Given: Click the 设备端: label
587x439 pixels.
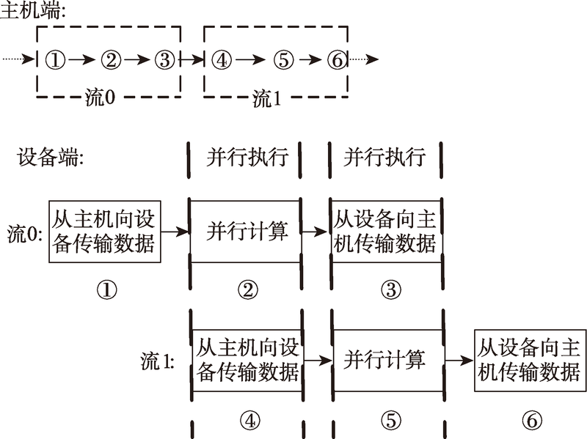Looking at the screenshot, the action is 50,157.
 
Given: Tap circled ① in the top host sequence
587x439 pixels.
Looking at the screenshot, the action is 56,60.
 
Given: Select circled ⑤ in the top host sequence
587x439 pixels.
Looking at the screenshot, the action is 283,60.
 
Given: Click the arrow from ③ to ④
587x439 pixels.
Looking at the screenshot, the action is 192,59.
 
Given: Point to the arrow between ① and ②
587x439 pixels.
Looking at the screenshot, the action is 82,59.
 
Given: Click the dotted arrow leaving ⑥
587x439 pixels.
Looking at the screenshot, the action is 363,59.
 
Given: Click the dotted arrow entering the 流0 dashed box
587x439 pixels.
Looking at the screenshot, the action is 18,59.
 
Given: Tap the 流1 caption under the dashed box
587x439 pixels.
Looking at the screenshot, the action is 266,98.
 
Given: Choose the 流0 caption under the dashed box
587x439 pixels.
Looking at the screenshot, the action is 100,97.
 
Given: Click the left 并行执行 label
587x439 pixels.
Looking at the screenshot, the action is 247,157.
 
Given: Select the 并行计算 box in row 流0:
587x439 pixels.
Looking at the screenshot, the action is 246,232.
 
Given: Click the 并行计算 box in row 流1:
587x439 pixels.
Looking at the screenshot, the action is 388,361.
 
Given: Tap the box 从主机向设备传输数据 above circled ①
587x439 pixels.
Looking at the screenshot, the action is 105,232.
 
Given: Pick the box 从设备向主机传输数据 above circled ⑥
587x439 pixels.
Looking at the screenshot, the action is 530,361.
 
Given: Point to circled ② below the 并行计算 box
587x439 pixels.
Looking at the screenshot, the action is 248,289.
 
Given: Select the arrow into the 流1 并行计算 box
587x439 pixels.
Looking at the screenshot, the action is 318,361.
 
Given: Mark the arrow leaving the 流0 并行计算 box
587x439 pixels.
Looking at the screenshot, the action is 315,232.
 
